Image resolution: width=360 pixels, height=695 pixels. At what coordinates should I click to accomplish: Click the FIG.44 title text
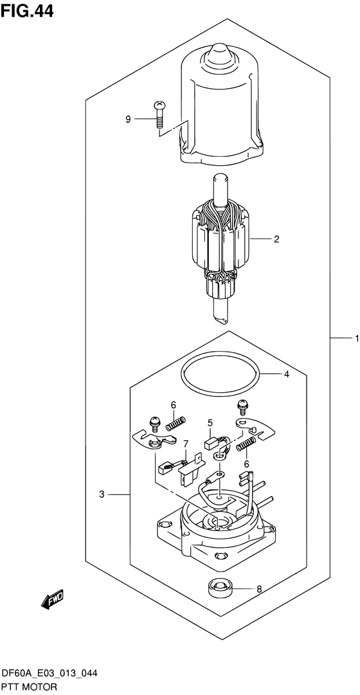(x=27, y=11)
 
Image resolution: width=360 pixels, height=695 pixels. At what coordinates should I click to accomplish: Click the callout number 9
(x=128, y=119)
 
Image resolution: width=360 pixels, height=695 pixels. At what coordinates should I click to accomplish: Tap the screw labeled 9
(x=158, y=114)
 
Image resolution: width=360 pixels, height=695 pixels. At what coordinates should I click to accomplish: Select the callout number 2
(x=276, y=239)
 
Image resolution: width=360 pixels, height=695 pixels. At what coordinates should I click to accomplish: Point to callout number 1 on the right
(x=356, y=338)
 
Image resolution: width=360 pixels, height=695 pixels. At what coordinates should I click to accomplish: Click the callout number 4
(x=287, y=375)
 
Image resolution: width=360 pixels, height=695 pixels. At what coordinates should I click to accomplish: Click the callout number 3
(x=102, y=494)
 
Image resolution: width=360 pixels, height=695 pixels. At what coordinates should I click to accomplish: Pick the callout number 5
(x=211, y=422)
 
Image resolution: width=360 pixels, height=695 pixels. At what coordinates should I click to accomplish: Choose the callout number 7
(x=186, y=443)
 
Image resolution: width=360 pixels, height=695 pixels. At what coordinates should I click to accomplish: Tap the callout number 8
(x=260, y=589)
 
